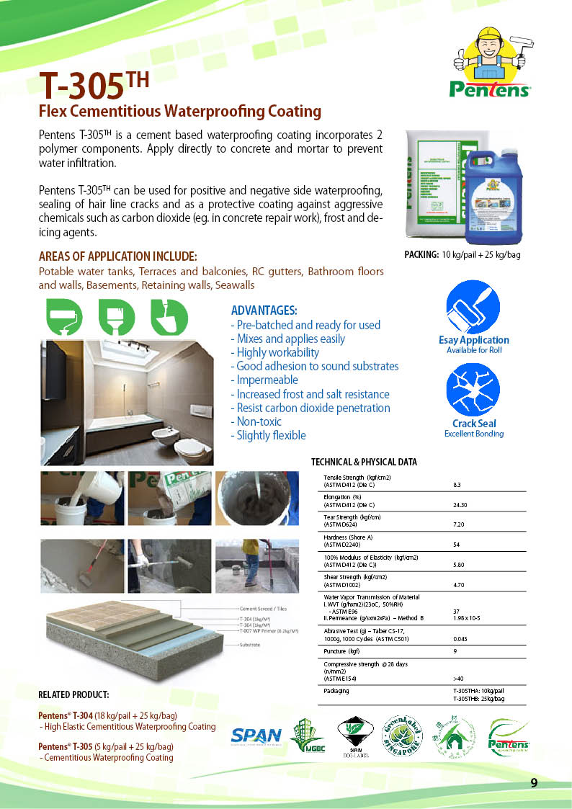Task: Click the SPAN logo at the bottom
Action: pos(256,736)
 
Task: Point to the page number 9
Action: pos(534,783)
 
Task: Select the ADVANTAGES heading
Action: pos(264,310)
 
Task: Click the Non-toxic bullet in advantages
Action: pos(256,421)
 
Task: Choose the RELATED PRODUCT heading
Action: pos(73,695)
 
